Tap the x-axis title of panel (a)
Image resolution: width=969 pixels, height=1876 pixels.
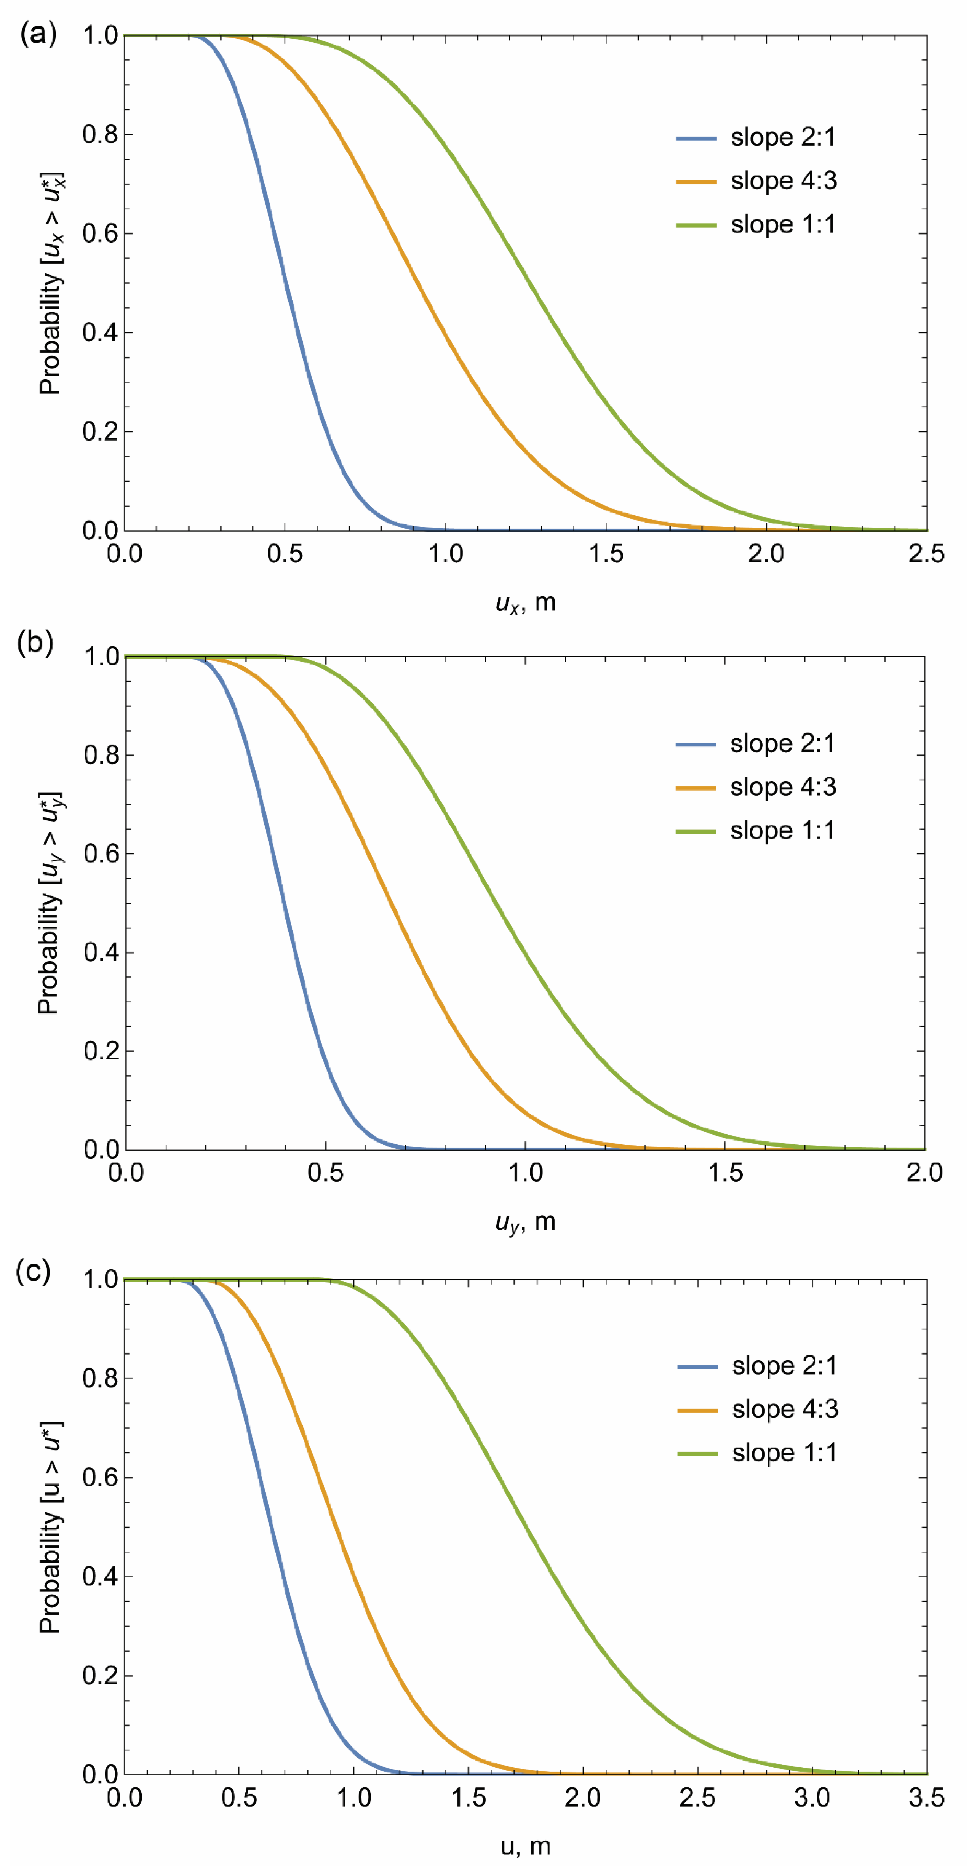[525, 603]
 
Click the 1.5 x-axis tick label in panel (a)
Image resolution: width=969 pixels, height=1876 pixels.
[606, 553]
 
